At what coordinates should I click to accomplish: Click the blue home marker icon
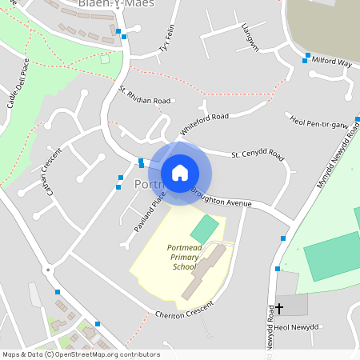tap(180, 173)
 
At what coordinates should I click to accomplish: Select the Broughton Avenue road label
tap(222, 198)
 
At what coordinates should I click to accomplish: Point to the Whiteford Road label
tap(204, 122)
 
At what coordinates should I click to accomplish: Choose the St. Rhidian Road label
tap(145, 95)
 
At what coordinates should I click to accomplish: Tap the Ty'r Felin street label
tap(166, 38)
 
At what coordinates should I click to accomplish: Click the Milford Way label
tap(333, 61)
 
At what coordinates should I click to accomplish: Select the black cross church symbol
tap(279, 307)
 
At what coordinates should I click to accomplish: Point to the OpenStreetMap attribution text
tap(81, 354)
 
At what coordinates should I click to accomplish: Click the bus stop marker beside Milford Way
tap(306, 61)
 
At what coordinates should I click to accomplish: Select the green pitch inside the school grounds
tap(204, 228)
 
